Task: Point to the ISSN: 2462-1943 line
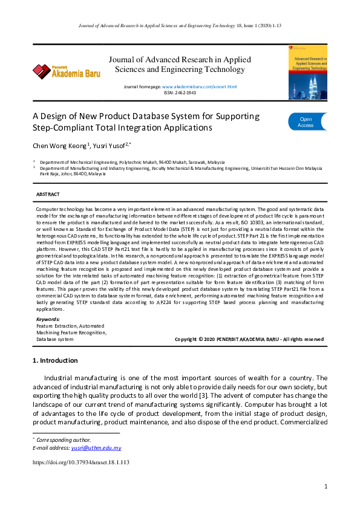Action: (x=180, y=92)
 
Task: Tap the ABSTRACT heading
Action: (x=48, y=194)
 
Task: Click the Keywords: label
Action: (x=48, y=319)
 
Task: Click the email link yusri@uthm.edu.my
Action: (x=96, y=448)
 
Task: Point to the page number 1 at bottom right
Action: (x=326, y=486)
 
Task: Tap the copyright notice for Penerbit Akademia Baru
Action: (x=249, y=339)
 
